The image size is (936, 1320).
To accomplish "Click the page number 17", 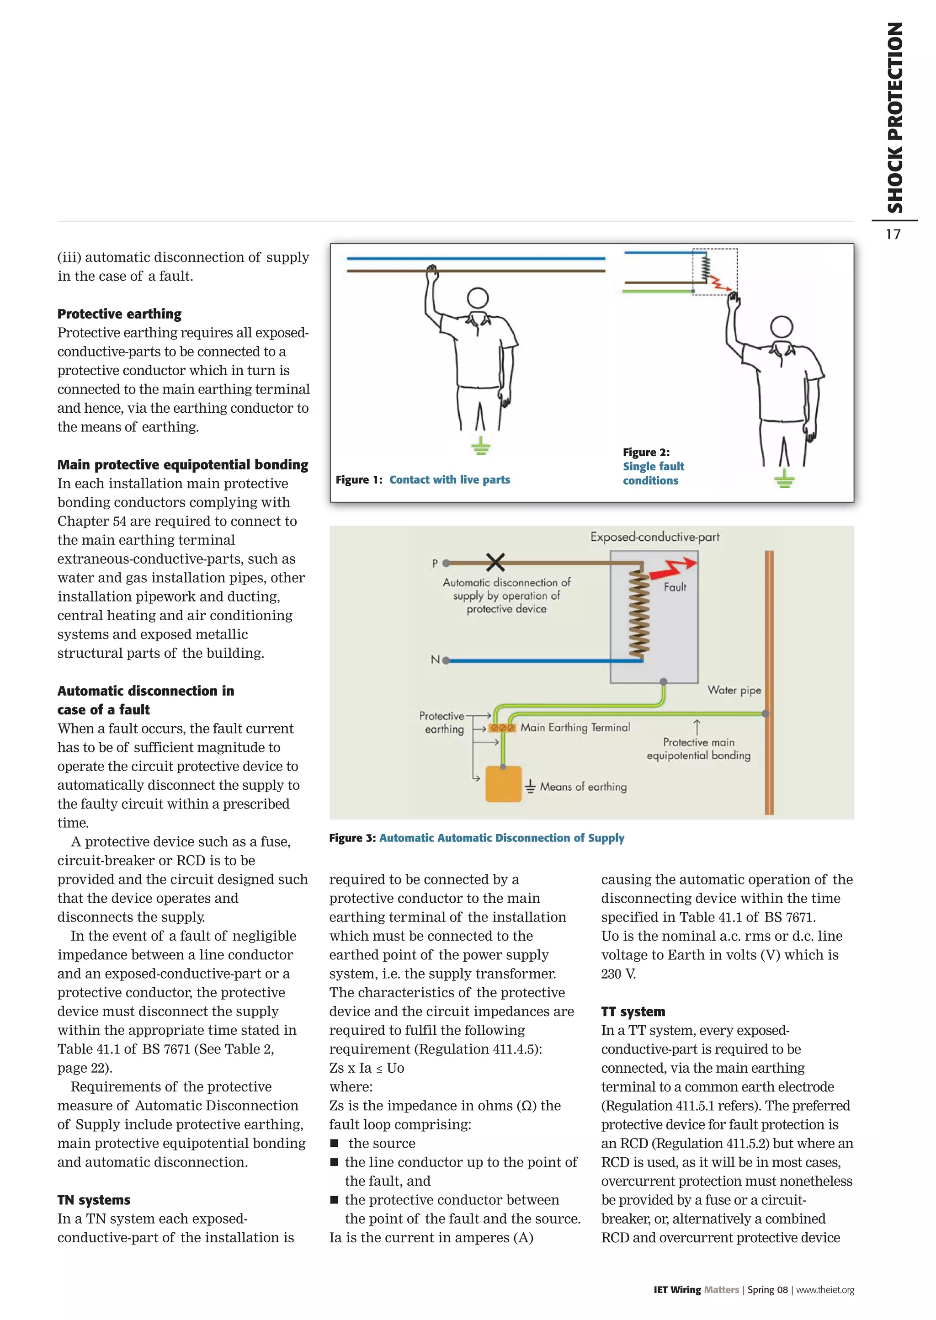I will point(893,234).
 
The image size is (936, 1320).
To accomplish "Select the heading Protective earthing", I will point(119,314).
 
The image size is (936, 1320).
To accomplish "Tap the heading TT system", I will point(633,1011).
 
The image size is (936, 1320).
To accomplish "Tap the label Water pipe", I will point(734,690).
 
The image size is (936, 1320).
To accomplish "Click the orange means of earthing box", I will point(503,784).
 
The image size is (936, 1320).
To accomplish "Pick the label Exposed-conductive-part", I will point(655,537).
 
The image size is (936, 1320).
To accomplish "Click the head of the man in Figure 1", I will point(478,298).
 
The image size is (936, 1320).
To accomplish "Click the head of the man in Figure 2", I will point(782,327).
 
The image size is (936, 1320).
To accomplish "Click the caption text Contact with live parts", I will point(450,479).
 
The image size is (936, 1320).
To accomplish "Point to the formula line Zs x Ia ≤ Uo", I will point(367,1068).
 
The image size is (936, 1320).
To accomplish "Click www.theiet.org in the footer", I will point(825,1289).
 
